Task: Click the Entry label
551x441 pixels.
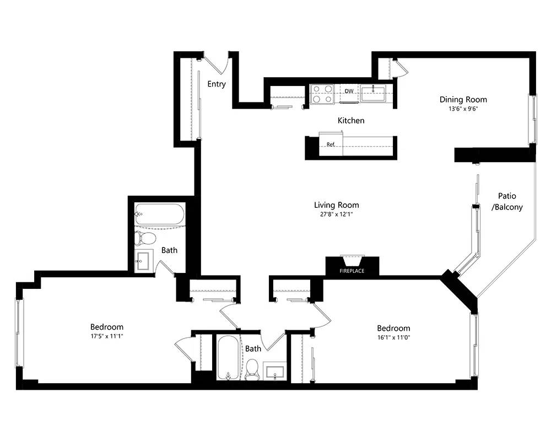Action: [217, 84]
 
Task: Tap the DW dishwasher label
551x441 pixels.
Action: [349, 92]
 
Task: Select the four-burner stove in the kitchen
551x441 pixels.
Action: [322, 94]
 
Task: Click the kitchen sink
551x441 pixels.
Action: [373, 93]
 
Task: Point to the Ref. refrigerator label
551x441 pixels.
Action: [331, 144]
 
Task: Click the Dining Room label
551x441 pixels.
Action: [463, 100]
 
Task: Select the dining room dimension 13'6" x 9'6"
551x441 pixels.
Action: [463, 109]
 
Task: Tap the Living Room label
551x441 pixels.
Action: [336, 205]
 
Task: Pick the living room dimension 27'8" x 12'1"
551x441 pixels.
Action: [336, 214]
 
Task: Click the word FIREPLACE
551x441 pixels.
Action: [352, 271]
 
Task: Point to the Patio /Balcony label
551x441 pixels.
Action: [507, 202]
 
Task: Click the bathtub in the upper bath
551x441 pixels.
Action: [160, 214]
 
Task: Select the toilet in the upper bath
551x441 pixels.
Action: [145, 239]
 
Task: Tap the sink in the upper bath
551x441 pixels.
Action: [144, 260]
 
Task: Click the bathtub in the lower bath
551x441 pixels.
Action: [228, 358]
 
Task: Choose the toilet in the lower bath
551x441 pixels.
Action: [252, 370]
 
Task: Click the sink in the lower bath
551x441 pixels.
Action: [274, 372]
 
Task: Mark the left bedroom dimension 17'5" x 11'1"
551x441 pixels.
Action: [107, 336]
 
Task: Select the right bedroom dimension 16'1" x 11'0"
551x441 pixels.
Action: [393, 337]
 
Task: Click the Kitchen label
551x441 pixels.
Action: [351, 121]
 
